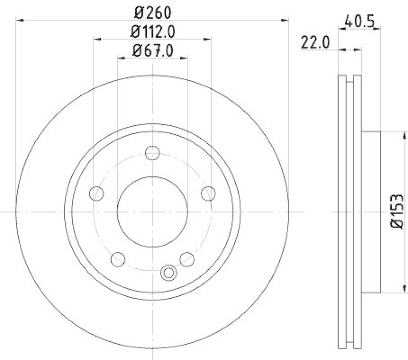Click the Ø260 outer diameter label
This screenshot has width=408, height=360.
click(x=152, y=11)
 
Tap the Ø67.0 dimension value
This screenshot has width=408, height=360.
click(x=152, y=50)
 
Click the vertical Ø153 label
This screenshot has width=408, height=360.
click(x=398, y=212)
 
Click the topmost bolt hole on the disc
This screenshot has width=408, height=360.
click(x=152, y=152)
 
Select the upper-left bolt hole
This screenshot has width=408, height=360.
click(x=96, y=193)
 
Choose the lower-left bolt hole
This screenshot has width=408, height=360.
click(x=118, y=259)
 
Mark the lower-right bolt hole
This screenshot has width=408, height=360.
click(x=187, y=259)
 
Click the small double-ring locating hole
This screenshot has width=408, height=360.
click(x=167, y=273)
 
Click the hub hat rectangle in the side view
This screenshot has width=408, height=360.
click(x=371, y=212)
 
